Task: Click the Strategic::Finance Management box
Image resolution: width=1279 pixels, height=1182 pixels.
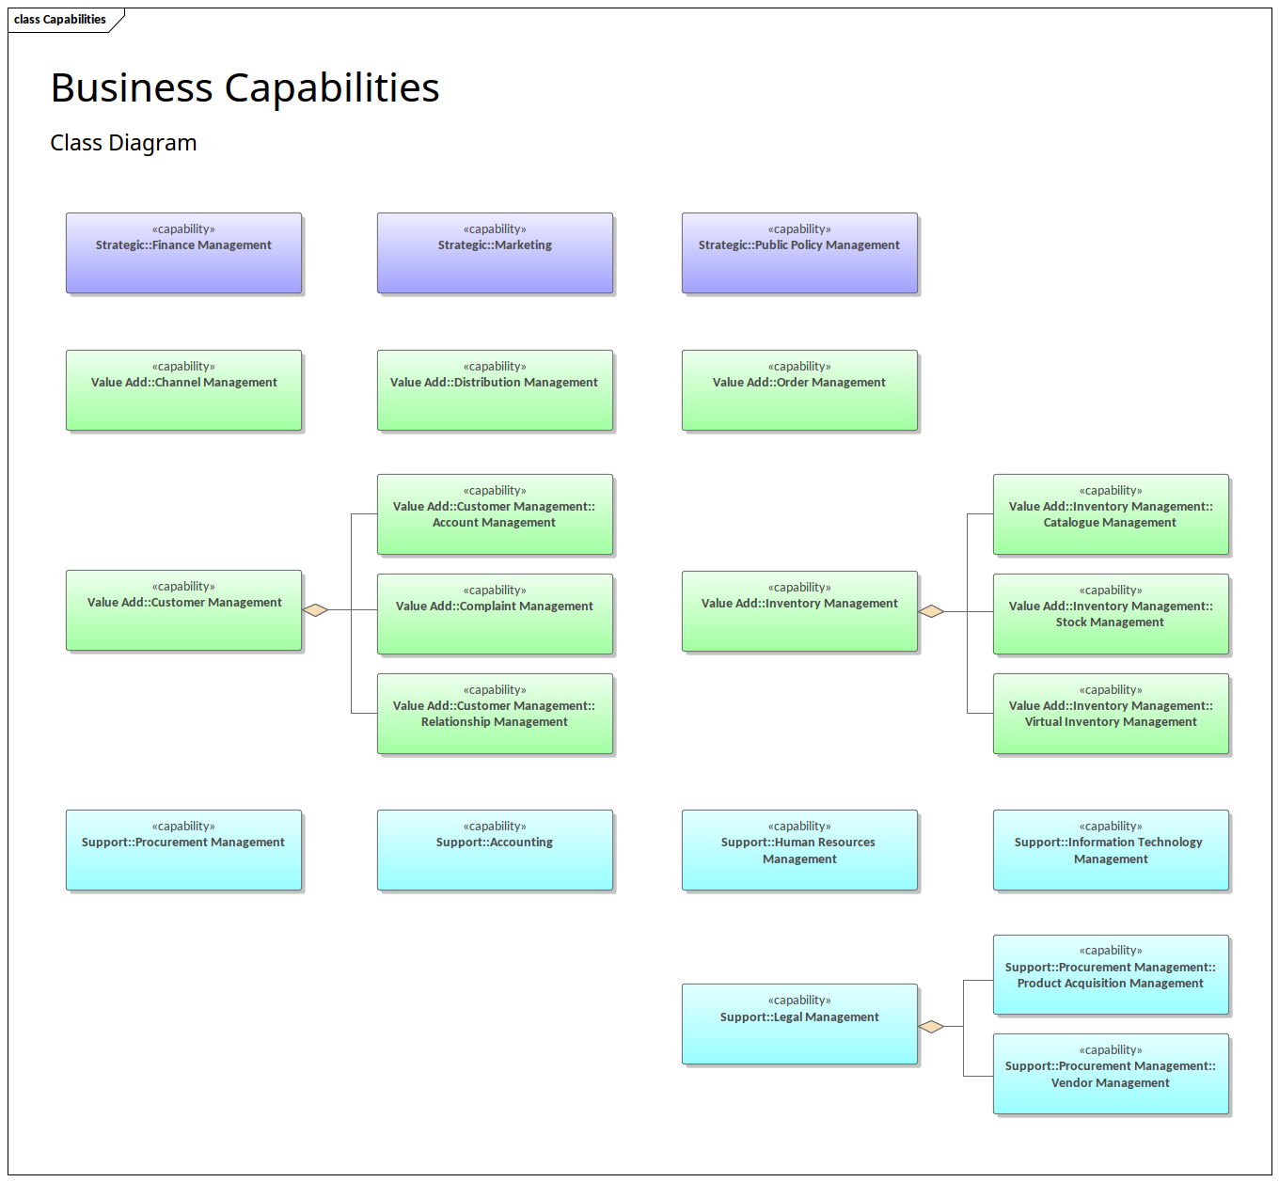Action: click(183, 253)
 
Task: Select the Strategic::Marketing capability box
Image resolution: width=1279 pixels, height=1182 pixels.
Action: click(495, 253)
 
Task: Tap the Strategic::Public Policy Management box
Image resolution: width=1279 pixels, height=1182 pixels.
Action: click(799, 253)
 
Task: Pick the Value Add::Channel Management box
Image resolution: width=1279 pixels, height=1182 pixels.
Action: click(183, 390)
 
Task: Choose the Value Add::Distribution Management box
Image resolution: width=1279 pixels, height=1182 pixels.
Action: click(495, 390)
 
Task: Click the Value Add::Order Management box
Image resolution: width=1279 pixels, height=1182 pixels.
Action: click(799, 390)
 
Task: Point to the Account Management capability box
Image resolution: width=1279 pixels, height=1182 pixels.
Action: click(495, 514)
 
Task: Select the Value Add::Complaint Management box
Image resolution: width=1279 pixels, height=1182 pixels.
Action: click(495, 614)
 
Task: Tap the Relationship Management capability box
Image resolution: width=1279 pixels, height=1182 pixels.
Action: click(495, 714)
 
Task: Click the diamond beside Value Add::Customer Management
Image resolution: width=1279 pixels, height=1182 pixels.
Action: click(316, 610)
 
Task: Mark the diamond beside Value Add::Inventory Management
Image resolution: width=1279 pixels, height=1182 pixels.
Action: click(931, 611)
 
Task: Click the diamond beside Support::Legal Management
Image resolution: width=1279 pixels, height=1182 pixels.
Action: click(931, 1026)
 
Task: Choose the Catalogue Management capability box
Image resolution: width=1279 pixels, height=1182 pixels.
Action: click(1111, 514)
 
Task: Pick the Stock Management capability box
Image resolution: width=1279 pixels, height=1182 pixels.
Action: click(1111, 614)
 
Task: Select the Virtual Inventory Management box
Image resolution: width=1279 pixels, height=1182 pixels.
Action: click(1111, 714)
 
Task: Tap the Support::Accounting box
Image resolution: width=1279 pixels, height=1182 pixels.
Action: click(495, 850)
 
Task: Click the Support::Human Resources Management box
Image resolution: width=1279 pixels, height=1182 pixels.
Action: click(799, 850)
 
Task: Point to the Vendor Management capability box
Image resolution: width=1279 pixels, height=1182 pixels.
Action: click(1111, 1074)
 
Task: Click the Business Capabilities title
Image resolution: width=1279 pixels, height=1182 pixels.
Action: click(245, 88)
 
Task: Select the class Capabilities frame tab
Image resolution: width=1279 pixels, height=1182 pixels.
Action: click(61, 20)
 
